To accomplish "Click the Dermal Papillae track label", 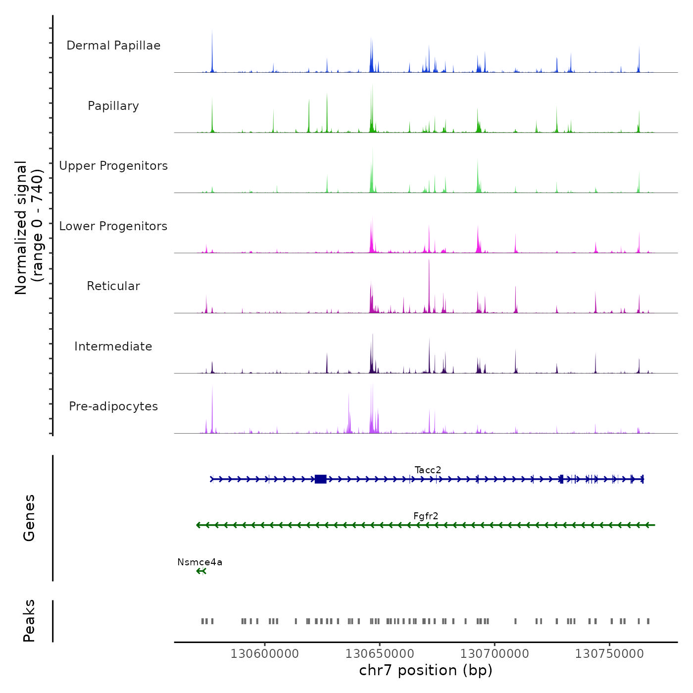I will coord(113,46).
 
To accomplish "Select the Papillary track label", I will coord(113,106).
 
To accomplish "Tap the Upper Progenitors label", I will coord(113,166).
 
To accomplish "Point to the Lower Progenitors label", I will coord(113,226).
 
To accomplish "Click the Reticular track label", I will coord(113,286).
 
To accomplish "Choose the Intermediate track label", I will coord(113,346).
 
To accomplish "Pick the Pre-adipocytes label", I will coord(113,406).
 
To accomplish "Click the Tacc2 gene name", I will coord(428,470).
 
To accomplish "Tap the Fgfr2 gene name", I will coord(426,516).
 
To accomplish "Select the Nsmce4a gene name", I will coord(199,562).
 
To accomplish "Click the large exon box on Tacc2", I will coord(320,479).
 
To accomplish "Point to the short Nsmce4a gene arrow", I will coord(201,571).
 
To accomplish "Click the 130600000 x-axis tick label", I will coord(264,654).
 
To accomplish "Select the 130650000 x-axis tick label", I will coord(380,654).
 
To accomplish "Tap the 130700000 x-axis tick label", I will coord(495,654).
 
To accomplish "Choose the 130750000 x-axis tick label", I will coord(609,654).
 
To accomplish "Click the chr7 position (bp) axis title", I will coord(426,670).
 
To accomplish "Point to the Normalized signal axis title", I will coord(29,227).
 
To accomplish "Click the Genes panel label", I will coord(29,518).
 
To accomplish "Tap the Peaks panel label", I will coord(29,621).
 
